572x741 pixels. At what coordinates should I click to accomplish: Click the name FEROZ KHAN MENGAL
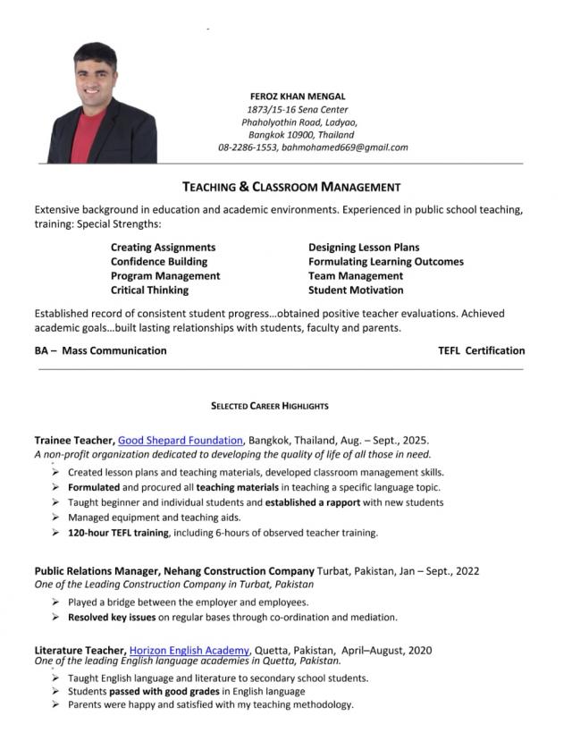click(298, 96)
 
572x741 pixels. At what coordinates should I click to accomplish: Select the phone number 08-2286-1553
click(248, 147)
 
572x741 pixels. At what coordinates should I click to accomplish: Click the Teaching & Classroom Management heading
click(291, 187)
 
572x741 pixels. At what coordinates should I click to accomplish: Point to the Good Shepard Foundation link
click(180, 440)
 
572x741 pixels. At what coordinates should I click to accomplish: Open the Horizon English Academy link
click(190, 650)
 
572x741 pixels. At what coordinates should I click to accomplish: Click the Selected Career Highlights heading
click(270, 406)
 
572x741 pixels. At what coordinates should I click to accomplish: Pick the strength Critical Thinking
click(149, 291)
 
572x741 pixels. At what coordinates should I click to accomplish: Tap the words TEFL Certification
click(481, 350)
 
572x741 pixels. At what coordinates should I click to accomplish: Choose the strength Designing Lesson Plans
click(364, 247)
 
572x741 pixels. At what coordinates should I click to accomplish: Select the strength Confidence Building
click(159, 262)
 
